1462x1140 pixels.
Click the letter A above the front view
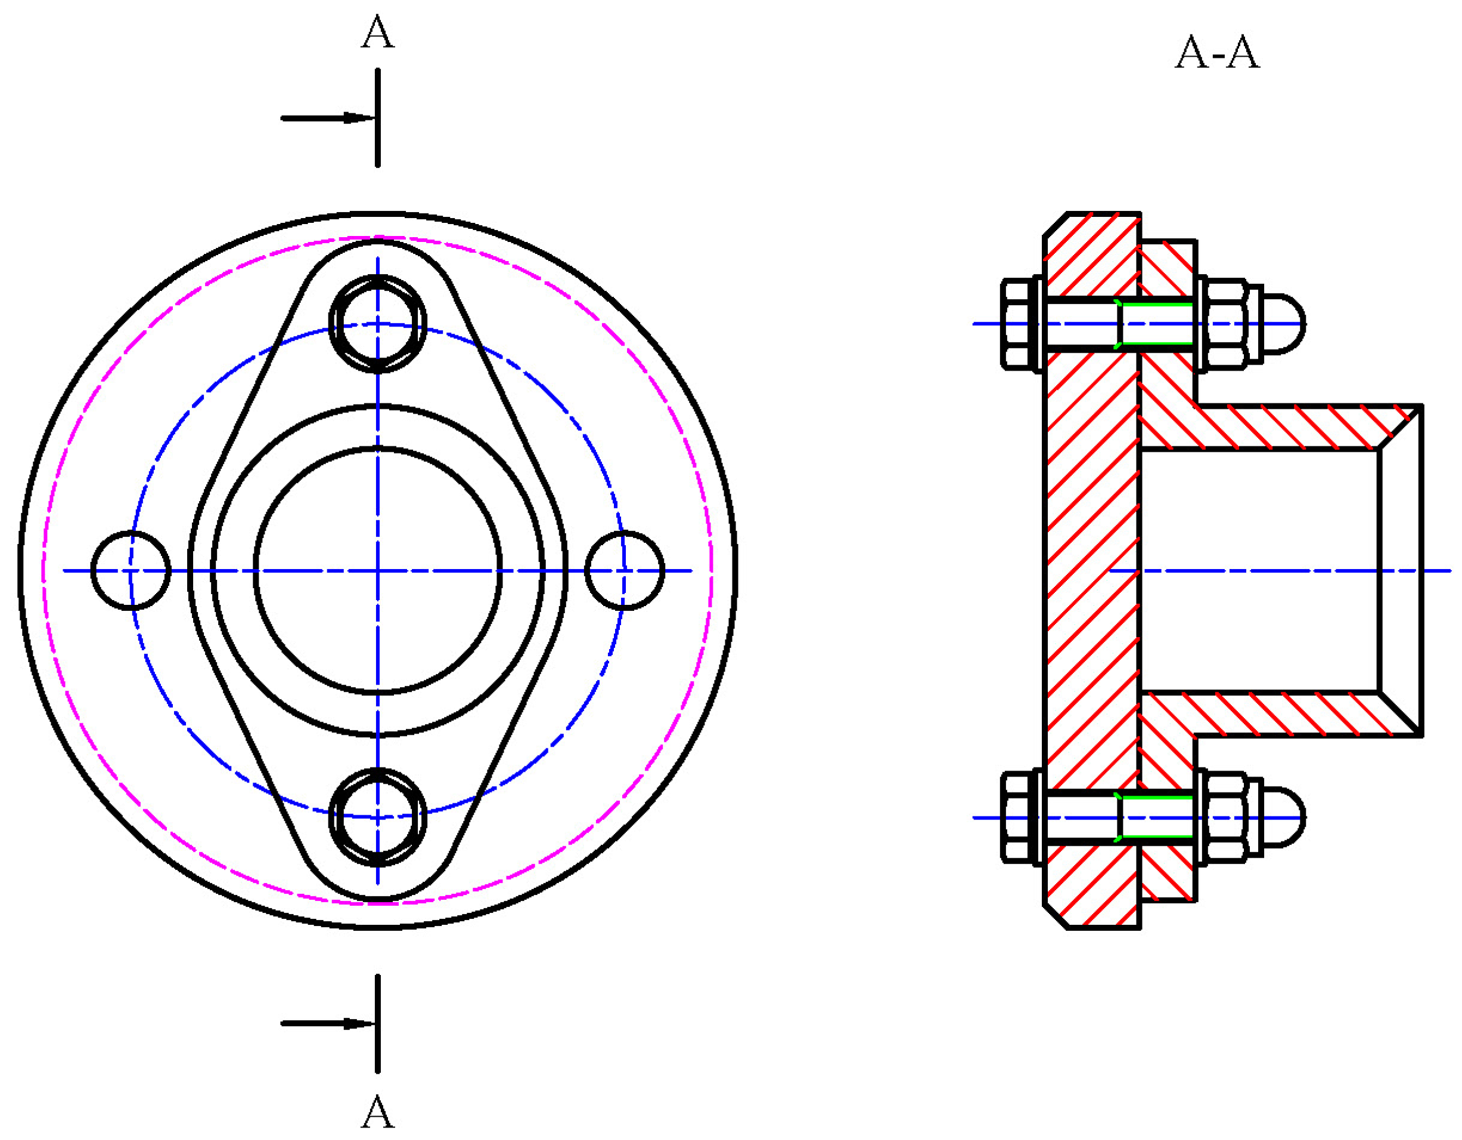[x=377, y=32]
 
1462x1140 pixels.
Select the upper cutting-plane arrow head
[x=359, y=119]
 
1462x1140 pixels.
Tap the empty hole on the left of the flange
[x=131, y=570]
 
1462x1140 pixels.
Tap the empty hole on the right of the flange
[x=625, y=570]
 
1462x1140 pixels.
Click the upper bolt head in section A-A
[x=1018, y=324]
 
